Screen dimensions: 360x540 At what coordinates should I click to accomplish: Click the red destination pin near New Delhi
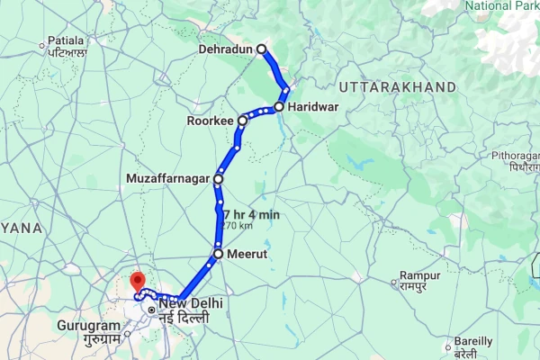[137, 281]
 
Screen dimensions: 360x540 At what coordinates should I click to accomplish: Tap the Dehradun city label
[228, 49]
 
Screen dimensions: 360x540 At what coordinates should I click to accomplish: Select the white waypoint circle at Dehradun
[262, 49]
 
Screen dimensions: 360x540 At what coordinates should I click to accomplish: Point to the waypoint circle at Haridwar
[279, 107]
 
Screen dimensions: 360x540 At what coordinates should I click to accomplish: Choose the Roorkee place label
[210, 121]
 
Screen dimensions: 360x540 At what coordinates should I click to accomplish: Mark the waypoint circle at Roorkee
[243, 120]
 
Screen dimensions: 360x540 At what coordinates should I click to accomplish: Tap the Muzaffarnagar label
[167, 179]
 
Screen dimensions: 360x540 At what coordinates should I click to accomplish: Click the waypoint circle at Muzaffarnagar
[218, 179]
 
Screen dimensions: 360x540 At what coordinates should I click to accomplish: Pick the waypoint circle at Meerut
[218, 255]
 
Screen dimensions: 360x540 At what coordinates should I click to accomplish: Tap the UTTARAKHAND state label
[386, 87]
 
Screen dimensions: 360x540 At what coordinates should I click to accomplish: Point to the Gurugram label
[88, 325]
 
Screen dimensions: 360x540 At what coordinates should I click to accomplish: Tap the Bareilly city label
[472, 342]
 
